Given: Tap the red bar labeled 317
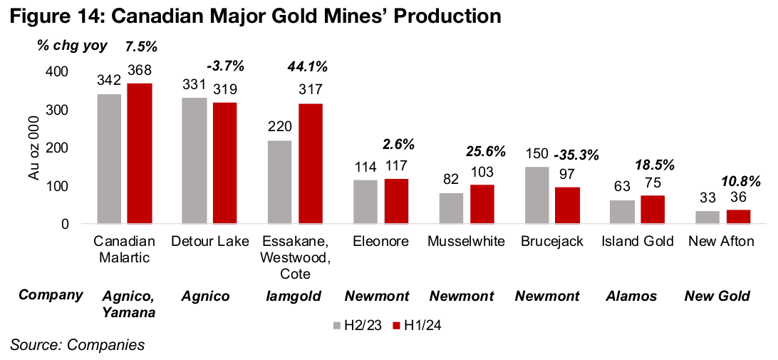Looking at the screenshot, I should (311, 164).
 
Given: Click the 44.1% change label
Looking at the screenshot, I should (307, 67).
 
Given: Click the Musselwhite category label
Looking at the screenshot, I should (466, 242).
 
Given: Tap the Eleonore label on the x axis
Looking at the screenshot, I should (381, 242).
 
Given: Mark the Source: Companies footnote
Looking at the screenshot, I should (77, 346).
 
